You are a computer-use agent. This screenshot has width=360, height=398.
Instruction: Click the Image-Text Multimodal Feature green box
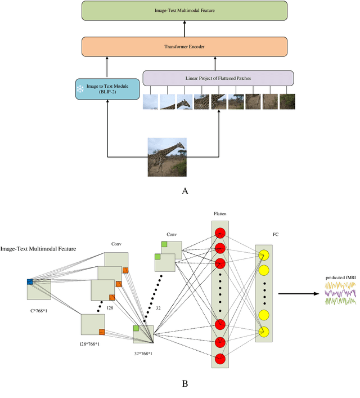tap(184, 11)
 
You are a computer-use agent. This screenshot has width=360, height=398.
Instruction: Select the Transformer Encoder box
tap(184, 46)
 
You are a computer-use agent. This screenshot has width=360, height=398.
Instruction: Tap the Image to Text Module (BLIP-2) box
tap(106, 89)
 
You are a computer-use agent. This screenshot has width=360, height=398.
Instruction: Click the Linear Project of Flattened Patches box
tap(218, 78)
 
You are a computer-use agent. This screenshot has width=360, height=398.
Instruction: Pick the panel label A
tap(184, 191)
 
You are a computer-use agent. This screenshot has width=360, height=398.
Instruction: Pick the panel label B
tap(184, 384)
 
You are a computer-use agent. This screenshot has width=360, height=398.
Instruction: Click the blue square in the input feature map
tap(30, 281)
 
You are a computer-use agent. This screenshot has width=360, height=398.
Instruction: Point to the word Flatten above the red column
tap(220, 214)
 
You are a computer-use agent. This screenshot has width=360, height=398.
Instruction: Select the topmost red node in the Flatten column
tap(220, 233)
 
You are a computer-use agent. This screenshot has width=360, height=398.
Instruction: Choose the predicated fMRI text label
tap(341, 278)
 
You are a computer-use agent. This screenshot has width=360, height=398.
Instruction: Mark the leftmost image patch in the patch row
tap(150, 101)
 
